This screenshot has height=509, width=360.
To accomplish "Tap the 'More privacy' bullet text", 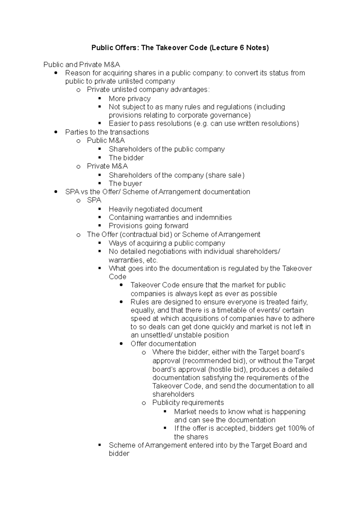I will coord(130,99).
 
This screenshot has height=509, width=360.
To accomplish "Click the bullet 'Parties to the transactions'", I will coord(107,132).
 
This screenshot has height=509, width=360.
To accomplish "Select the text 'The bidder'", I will coord(126,158).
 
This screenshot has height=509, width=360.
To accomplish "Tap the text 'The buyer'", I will coord(125,183).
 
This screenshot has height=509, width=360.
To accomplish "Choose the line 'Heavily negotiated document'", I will coord(155,209).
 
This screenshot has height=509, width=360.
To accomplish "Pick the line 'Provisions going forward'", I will coord(148,226).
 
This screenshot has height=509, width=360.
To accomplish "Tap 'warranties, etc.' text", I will coord(133,260).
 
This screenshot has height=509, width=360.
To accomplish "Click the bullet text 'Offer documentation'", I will coord(163,344).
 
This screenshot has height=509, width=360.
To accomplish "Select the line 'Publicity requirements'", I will coord(188,403).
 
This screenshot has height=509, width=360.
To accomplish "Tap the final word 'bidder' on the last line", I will coord(119,454).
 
